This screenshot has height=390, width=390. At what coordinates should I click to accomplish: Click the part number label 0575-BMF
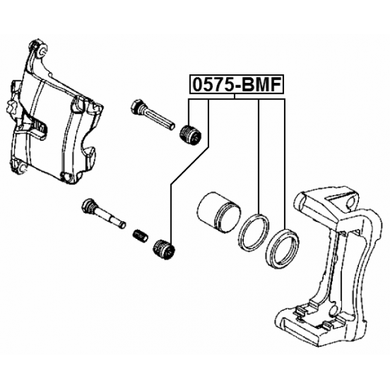coord(237,85)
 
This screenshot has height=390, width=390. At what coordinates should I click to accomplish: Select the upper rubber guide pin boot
coord(190,135)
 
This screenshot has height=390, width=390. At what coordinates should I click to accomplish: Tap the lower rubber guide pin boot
coord(164,249)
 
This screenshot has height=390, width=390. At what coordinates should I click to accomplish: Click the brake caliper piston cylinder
coord(219,213)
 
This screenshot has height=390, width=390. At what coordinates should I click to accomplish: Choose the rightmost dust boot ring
coord(282,248)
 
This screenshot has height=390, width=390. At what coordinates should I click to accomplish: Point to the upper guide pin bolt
coord(152,115)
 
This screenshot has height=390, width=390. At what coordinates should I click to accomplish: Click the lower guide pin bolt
coord(104,213)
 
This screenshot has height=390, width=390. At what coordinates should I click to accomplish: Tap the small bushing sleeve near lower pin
coord(140,236)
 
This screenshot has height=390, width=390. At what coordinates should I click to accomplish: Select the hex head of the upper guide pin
coord(136,107)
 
